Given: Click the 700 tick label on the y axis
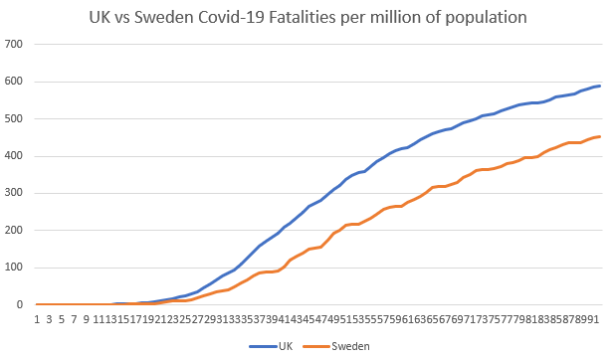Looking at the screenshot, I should point(14,45).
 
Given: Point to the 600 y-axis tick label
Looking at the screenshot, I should point(14,82).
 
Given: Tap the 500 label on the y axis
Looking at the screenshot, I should point(14,119).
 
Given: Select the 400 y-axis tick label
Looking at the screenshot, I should point(14,156).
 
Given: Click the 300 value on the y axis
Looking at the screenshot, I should point(14,193).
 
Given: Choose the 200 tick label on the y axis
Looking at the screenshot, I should point(14,231).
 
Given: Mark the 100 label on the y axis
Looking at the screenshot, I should point(14,268).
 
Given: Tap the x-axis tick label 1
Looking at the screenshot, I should point(37,319).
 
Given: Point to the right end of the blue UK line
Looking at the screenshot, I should point(600,86).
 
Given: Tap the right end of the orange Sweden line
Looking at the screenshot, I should point(600,136).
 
